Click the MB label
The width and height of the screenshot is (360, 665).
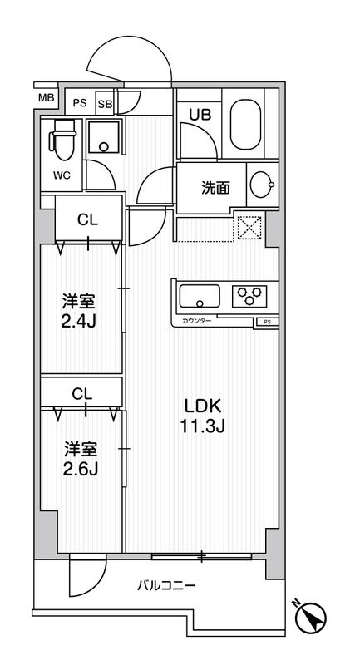[46, 98]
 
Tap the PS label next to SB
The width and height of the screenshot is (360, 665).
[80, 104]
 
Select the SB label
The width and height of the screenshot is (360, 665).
[105, 104]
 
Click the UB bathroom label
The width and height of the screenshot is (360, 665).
[200, 116]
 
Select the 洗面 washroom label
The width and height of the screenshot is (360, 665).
[215, 188]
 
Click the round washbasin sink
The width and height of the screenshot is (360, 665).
[261, 185]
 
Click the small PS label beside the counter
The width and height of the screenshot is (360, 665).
[267, 321]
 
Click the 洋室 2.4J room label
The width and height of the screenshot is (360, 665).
[81, 309]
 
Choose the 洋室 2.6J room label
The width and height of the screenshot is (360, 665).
[81, 458]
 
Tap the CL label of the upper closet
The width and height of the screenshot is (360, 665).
[86, 220]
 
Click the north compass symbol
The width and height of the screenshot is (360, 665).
[312, 618]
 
